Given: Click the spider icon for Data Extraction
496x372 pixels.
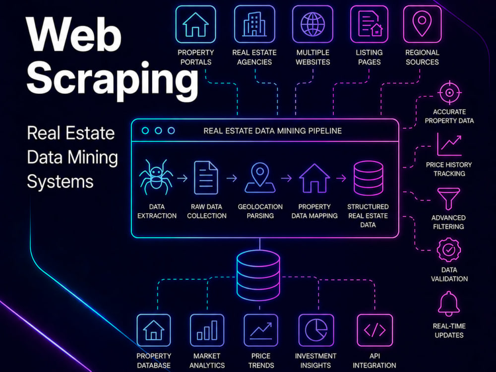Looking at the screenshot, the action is pos(156,177).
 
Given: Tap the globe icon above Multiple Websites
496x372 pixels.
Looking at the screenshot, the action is pos(312,24).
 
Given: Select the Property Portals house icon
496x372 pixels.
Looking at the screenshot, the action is pos(195,24).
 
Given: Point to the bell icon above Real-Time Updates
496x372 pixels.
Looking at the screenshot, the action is pos(449,304).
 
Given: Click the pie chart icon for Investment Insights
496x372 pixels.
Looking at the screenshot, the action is pos(316,330).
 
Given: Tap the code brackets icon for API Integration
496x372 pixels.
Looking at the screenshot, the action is pos(375,330).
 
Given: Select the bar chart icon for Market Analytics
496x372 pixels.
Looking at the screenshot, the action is pos(207,330).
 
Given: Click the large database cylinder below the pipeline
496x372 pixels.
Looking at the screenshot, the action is pos(258,275).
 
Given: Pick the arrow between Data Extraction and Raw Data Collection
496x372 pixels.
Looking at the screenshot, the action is pos(182,179).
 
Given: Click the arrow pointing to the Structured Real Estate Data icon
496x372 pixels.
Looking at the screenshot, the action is pos(341,179).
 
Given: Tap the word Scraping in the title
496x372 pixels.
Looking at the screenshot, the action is pos(112,79).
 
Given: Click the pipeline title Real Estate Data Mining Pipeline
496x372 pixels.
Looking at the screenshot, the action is pos(273,131).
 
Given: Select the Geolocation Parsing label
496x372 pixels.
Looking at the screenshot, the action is pos(260,211).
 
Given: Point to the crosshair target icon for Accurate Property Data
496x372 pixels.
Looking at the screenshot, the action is pos(449,93).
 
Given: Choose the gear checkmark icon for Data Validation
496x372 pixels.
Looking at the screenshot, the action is pos(449,250).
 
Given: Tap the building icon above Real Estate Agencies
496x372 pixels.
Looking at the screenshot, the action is pos(254,24).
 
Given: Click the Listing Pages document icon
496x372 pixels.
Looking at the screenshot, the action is pos(370,24).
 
